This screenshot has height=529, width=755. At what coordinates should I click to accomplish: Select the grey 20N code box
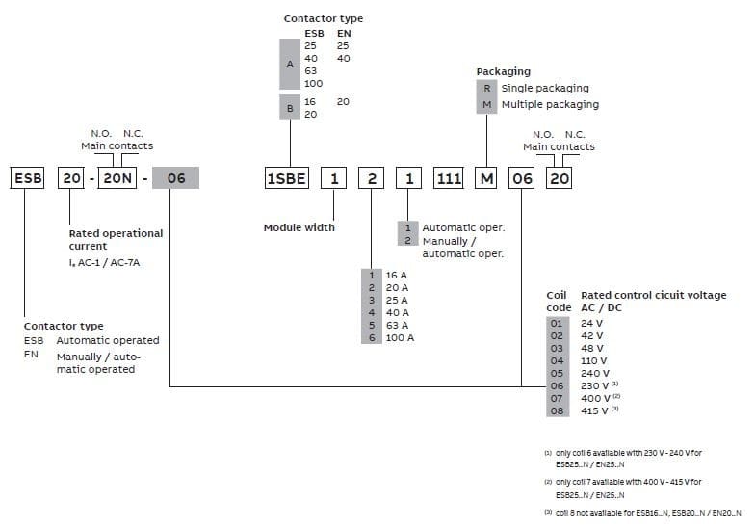click(119, 178)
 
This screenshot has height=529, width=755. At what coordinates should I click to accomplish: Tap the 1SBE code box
click(287, 178)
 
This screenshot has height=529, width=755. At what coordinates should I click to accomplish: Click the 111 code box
click(448, 178)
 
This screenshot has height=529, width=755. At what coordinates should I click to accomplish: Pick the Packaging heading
click(503, 72)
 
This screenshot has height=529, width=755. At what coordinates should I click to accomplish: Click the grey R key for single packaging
click(487, 88)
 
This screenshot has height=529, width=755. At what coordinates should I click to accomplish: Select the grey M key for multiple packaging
click(487, 104)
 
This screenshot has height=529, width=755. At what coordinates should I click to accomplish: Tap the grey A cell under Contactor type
click(290, 65)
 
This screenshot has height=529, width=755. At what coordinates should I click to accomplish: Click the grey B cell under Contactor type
click(290, 107)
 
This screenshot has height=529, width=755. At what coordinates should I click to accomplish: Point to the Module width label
click(299, 227)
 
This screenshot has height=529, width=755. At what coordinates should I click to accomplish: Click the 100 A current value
click(399, 338)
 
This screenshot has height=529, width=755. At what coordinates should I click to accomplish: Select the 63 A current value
click(396, 326)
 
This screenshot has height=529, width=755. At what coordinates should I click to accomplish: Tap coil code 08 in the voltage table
click(556, 411)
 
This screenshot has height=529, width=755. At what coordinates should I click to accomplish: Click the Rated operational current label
click(116, 240)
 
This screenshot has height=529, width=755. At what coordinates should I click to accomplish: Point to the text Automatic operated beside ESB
click(108, 340)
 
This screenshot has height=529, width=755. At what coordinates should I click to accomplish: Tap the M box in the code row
click(487, 178)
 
